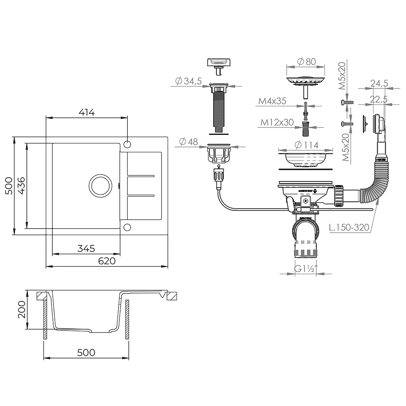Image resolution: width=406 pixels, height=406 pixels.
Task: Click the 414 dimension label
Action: [x=86, y=112]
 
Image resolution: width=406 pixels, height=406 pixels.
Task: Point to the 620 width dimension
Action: [x=107, y=261]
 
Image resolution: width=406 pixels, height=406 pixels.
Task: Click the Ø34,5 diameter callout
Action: [x=188, y=81]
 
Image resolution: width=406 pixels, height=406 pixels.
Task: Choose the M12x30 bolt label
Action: [x=277, y=122]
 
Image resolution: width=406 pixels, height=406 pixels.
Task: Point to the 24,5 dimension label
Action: [x=379, y=84]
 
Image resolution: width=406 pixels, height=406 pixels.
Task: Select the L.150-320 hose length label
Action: [x=349, y=227]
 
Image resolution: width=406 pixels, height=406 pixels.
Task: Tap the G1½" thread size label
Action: [x=306, y=269]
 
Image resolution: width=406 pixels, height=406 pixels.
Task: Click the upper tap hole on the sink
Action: [x=127, y=145]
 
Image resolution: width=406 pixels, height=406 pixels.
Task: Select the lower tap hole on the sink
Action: [x=127, y=227]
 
